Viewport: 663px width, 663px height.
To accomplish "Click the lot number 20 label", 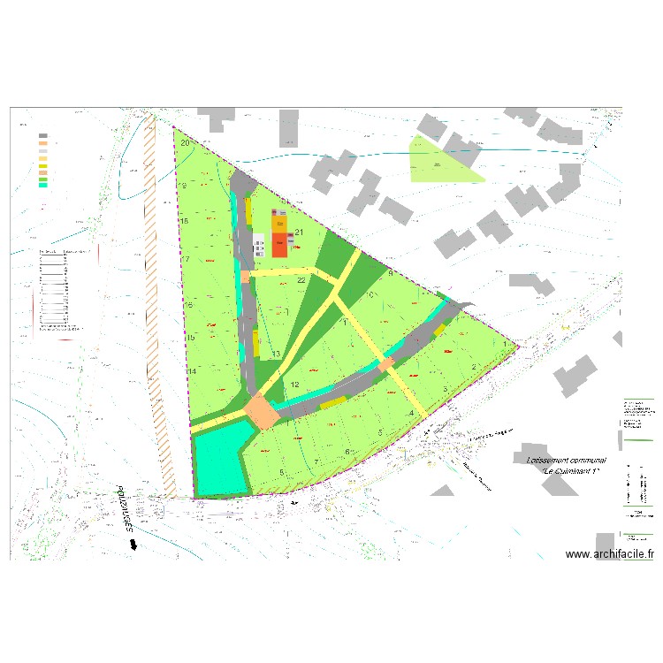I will pos(185,142).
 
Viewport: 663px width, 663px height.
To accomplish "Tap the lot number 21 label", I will pos(299,233).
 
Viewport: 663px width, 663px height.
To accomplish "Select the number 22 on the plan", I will pos(301,280).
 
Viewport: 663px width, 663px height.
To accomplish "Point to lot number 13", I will pos(276,354).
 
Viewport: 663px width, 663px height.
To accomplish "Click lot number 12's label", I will pos(295,385).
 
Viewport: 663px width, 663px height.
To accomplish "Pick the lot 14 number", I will pos(191,371).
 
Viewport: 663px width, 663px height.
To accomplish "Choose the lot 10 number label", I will pos(372,294).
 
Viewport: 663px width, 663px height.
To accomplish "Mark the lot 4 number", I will pos(411,414).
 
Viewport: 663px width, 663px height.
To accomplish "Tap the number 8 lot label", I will pos(281,473).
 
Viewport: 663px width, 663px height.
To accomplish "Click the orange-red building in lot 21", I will pos(279,243).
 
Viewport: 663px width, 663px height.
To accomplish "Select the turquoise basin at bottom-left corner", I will pos(217,458).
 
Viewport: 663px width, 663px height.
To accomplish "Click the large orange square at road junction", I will pos(261,412).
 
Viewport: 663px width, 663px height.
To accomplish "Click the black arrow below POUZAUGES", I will pos(133,545).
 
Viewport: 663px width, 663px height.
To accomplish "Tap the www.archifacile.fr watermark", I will pos(609,554).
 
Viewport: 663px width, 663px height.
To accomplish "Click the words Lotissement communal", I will pos(565,461).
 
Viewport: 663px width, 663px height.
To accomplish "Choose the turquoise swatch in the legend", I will pos(42,185).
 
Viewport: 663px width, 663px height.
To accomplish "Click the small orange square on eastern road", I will pos(385,364).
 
